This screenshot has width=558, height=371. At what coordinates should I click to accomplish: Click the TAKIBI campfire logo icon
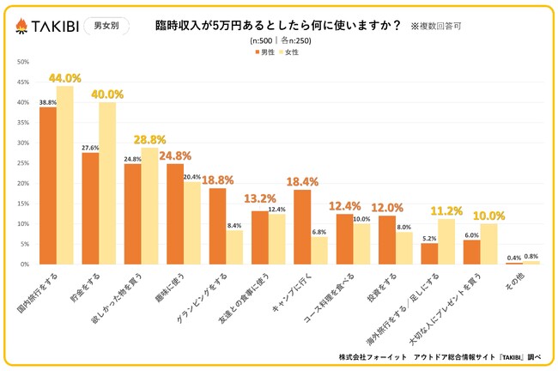21,27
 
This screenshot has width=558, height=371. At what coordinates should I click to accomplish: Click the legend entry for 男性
264,52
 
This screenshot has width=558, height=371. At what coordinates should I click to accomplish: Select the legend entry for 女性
289,52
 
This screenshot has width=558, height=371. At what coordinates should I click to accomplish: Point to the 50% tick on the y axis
23,62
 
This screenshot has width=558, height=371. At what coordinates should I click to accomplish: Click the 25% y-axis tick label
23,163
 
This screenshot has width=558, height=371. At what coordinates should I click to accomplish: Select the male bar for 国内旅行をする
48,185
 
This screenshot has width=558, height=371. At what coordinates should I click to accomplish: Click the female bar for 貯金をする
107,183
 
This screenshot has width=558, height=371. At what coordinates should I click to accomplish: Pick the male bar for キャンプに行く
302,227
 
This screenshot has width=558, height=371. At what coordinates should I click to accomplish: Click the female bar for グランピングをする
234,247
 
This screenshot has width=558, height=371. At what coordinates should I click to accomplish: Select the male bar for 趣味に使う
175,214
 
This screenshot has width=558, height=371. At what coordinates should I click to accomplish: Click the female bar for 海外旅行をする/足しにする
446,241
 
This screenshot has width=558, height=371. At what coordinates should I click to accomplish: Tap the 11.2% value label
447,209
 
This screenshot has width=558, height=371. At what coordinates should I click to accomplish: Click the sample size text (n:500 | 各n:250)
280,40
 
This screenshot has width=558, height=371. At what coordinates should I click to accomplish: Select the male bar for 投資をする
387,240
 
